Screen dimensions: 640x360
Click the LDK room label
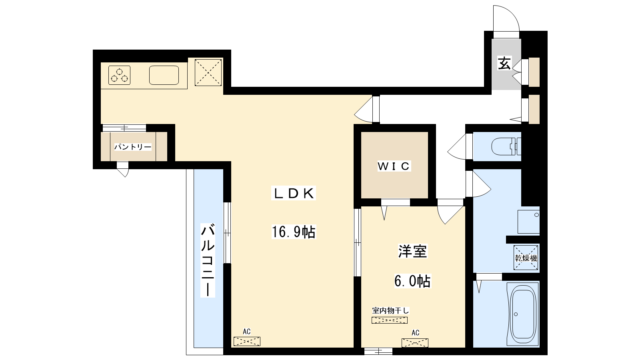(294, 193)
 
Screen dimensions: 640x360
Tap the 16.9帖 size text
(294, 232)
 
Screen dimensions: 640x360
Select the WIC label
(394, 166)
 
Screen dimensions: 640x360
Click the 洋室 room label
(412, 251)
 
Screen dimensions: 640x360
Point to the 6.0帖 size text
(412, 281)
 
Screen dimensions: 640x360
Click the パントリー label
(133, 147)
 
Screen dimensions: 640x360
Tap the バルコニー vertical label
(208, 260)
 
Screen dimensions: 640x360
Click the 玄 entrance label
(504, 64)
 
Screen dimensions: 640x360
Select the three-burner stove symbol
(120, 75)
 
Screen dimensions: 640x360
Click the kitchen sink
(164, 75)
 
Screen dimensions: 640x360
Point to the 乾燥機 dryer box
(526, 258)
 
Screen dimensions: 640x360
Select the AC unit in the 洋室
(415, 343)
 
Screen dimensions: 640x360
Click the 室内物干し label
(390, 310)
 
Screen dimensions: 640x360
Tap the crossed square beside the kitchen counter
(208, 72)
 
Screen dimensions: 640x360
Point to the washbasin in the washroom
(528, 222)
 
